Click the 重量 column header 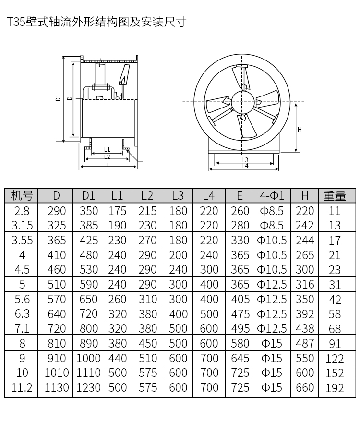click(335, 196)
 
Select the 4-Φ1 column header click(272, 195)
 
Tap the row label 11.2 click(22, 387)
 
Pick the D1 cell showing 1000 click(88, 358)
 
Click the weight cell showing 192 click(335, 388)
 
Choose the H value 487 click(305, 343)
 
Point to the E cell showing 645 click(240, 358)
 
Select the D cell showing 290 click(57, 211)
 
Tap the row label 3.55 click(22, 241)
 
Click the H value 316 click(305, 285)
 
